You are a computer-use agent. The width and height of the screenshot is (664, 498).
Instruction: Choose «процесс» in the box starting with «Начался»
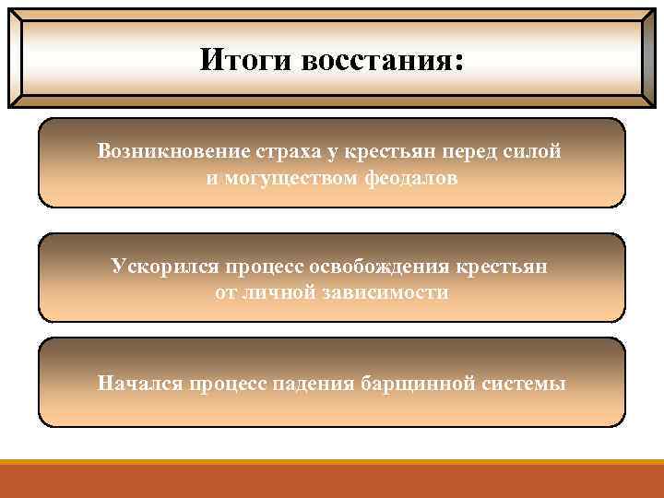point(226,383)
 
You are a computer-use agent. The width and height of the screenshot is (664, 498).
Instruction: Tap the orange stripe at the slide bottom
point(332,480)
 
